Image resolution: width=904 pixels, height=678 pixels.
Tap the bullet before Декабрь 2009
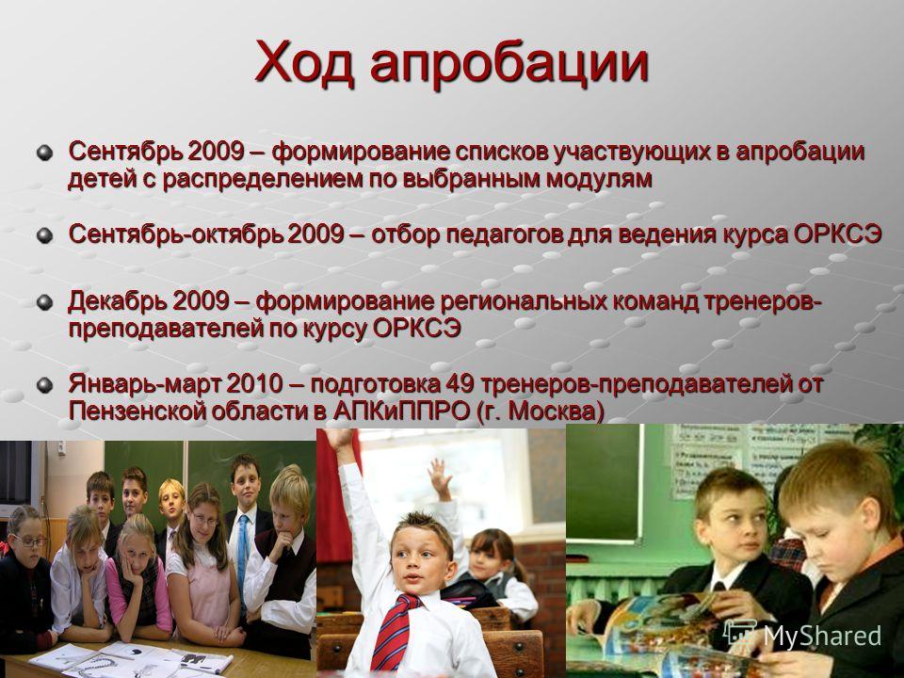point(44,302)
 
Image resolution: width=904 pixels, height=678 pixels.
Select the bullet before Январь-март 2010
point(44,384)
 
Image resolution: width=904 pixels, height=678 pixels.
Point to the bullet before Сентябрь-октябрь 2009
point(44,235)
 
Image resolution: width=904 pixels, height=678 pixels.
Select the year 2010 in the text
point(254,383)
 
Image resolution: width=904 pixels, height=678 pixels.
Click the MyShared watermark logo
point(802,635)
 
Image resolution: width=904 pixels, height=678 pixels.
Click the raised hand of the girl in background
point(440,477)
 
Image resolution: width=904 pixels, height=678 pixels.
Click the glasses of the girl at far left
point(30,541)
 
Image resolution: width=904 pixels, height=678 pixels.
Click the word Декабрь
point(116,302)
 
